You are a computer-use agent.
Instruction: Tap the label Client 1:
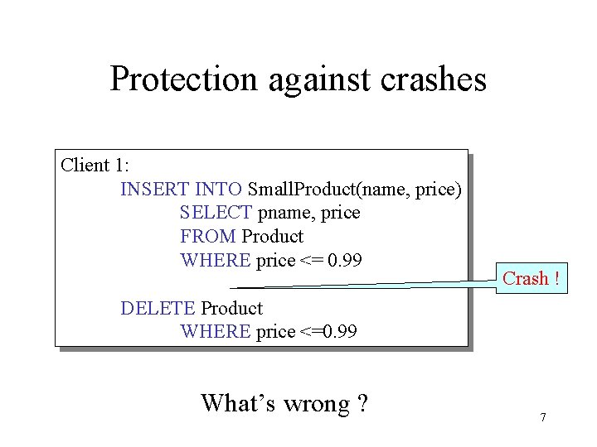pyautogui.click(x=98, y=165)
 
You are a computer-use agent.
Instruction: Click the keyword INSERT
pyautogui.click(x=155, y=190)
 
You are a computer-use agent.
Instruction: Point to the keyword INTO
pyautogui.click(x=218, y=190)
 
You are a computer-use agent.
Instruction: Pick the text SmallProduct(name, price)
pyautogui.click(x=354, y=190)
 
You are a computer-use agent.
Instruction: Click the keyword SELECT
pyautogui.click(x=216, y=213)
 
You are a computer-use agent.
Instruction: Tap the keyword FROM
pyautogui.click(x=207, y=237)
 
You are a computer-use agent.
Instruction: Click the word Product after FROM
pyautogui.click(x=273, y=237)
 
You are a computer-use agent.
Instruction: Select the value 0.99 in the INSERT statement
pyautogui.click(x=345, y=260)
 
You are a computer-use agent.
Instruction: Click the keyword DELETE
pyautogui.click(x=158, y=308)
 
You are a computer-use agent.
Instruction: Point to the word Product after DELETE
pyautogui.click(x=232, y=308)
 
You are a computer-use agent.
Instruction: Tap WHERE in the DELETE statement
pyautogui.click(x=215, y=332)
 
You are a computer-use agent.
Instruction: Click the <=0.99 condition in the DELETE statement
pyautogui.click(x=328, y=332)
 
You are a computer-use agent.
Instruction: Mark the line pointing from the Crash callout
pyautogui.click(x=373, y=286)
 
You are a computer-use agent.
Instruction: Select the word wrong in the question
pyautogui.click(x=316, y=404)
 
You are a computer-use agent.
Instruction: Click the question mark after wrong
pyautogui.click(x=362, y=404)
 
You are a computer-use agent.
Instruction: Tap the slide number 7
pyautogui.click(x=542, y=417)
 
